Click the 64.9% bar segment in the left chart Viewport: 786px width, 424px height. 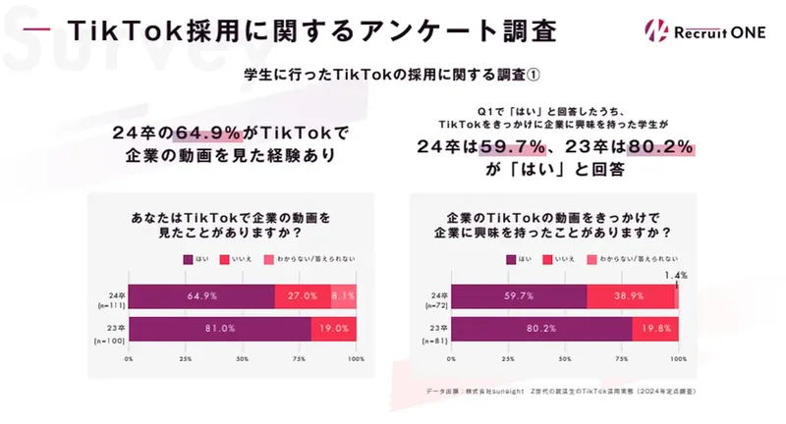click(201, 294)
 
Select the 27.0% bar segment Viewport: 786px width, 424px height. click(302, 294)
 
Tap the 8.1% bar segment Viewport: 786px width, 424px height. click(343, 294)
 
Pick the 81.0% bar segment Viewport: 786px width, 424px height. click(219, 329)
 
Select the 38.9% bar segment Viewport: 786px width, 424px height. click(630, 294)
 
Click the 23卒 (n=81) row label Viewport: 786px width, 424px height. click(431, 334)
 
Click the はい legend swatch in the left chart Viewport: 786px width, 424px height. click(189, 258)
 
